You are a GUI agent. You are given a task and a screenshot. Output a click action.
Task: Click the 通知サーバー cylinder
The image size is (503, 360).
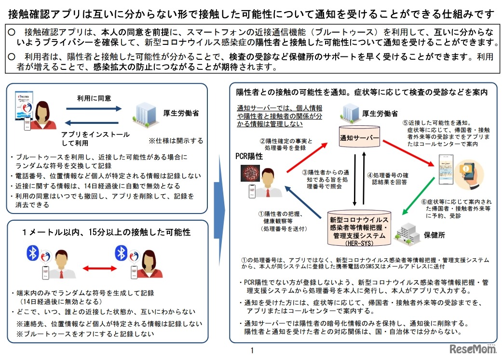click(359, 138)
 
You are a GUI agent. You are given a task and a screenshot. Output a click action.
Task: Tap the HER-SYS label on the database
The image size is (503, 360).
click(357, 243)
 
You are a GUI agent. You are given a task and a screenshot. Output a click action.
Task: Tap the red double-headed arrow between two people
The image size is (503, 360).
click(93, 268)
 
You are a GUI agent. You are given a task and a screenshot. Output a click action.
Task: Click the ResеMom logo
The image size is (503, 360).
click(472, 348)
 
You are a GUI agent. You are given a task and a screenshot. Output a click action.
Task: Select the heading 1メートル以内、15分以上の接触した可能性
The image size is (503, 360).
click(107, 232)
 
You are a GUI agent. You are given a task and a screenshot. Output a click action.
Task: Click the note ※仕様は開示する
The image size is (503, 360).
click(176, 141)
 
